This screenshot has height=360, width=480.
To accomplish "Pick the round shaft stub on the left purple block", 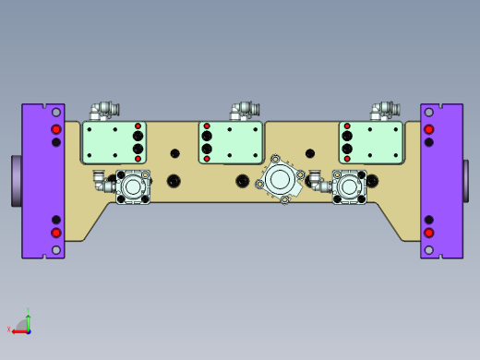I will pyautogui.click(x=16, y=181).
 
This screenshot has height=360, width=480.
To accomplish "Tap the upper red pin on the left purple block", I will pyautogui.click(x=56, y=128).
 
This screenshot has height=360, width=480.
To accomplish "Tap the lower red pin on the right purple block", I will pyautogui.click(x=428, y=234).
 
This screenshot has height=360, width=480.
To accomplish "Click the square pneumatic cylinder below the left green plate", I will pyautogui.click(x=134, y=186).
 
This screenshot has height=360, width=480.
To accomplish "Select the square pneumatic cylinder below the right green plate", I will pyautogui.click(x=349, y=186).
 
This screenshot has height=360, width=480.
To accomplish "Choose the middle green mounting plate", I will pyautogui.click(x=232, y=142).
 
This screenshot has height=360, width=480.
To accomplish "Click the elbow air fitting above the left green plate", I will pyautogui.click(x=101, y=111).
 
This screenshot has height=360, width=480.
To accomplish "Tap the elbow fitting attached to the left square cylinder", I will pyautogui.click(x=101, y=178).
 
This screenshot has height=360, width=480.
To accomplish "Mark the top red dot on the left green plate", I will pyautogui.click(x=138, y=126).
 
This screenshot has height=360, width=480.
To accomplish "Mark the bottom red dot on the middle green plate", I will pyautogui.click(x=207, y=159).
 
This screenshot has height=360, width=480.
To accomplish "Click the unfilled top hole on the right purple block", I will pyautogui.click(x=428, y=114).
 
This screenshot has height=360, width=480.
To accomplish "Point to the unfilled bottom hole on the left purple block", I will pyautogui.click(x=56, y=249).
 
